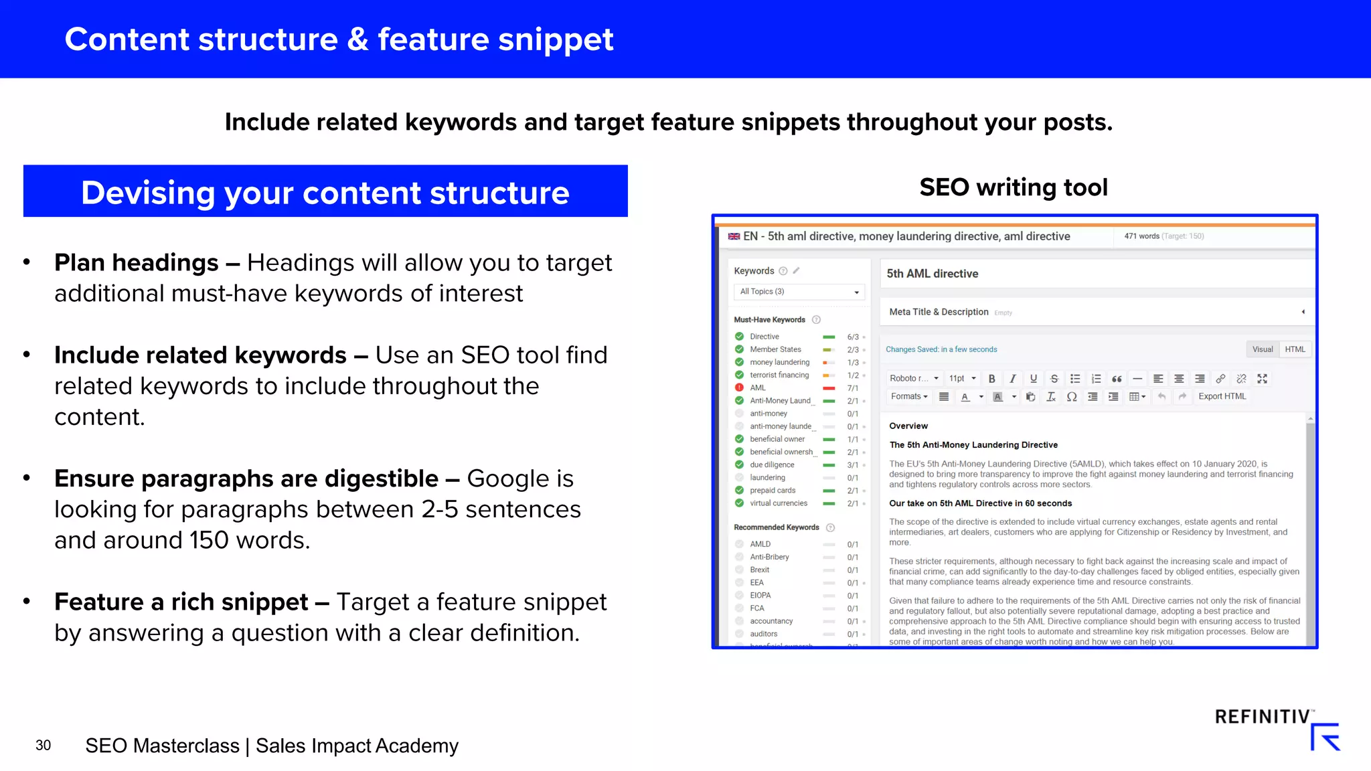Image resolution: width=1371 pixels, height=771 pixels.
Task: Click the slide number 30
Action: click(x=43, y=746)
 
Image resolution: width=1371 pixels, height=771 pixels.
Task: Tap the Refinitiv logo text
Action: click(x=1262, y=717)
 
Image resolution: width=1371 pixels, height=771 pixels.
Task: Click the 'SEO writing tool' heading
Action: click(x=1013, y=187)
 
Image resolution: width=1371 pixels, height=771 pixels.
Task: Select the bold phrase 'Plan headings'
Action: click(x=137, y=263)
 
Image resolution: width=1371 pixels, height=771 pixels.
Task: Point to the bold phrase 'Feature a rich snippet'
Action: click(x=181, y=602)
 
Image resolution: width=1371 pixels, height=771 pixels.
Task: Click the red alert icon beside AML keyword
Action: click(x=739, y=388)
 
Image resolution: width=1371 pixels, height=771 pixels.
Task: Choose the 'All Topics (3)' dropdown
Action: click(x=799, y=292)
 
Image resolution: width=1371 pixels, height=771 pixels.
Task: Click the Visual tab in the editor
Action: click(x=1263, y=349)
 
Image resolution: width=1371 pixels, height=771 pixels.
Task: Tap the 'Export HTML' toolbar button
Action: click(x=1222, y=396)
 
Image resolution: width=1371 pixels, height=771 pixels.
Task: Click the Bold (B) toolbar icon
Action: click(x=992, y=379)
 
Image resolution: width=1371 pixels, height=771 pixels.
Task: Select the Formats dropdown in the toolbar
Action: click(x=909, y=396)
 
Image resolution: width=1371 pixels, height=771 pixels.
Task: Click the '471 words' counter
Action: click(x=1141, y=236)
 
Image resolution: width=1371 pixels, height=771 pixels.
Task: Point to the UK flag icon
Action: click(x=734, y=236)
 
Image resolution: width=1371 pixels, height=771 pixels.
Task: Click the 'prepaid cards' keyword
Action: click(x=773, y=491)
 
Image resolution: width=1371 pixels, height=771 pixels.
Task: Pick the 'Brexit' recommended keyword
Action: click(x=760, y=570)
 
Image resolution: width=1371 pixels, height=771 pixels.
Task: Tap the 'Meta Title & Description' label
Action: click(x=939, y=312)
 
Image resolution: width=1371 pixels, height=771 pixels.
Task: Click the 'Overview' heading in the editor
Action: click(x=908, y=426)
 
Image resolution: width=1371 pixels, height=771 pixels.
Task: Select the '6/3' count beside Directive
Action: click(x=853, y=337)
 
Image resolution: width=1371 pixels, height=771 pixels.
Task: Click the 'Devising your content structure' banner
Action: click(x=325, y=191)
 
